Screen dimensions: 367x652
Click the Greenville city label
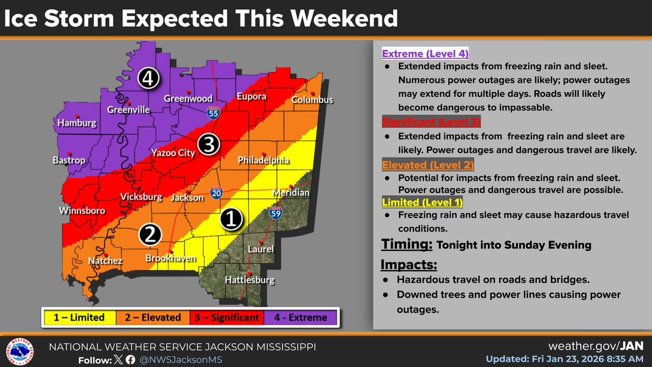click(x=129, y=110)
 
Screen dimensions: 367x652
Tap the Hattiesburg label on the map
click(x=250, y=281)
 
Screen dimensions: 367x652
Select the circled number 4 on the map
click(x=148, y=79)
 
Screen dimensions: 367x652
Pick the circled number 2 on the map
click(x=150, y=234)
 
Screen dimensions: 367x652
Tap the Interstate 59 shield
click(x=277, y=215)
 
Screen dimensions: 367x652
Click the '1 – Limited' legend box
click(x=79, y=318)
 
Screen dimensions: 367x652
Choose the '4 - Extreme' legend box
click(x=300, y=318)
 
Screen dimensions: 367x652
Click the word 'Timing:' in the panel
click(x=406, y=244)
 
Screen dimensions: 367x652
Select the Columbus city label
click(x=312, y=100)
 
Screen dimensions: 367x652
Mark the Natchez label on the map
click(x=105, y=262)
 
